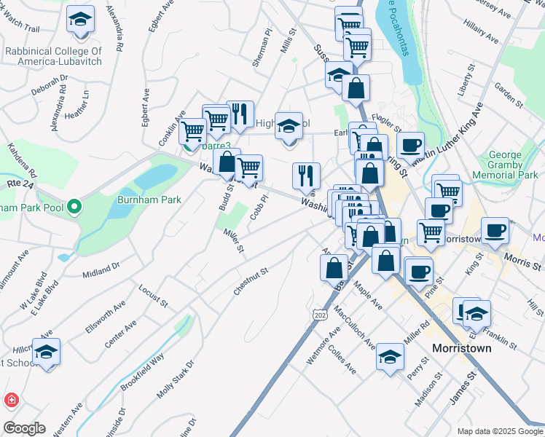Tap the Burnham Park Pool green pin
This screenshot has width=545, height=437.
pos(74,209)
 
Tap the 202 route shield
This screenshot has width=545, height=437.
pos(319,315)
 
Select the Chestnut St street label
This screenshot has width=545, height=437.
pos(251,280)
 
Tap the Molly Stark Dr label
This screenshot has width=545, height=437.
pos(176,379)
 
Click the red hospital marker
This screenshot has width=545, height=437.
pos(12,400)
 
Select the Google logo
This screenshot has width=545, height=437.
pos(23,428)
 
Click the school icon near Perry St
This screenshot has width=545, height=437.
pos(391,357)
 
